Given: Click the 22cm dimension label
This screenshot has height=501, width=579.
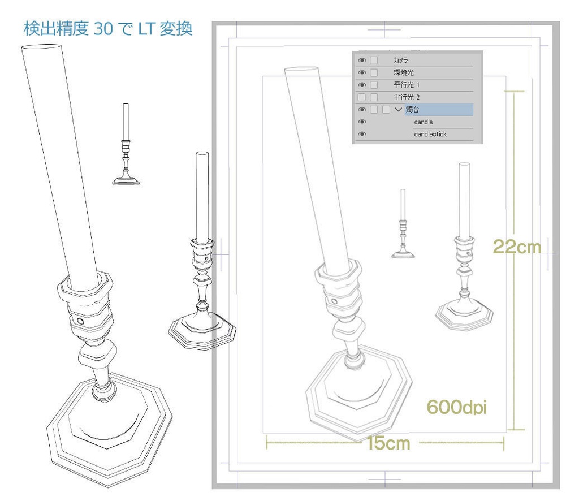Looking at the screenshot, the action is [517, 247].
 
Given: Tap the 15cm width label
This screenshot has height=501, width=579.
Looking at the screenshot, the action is [388, 443].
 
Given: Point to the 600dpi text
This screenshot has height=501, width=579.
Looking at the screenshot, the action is [456, 407].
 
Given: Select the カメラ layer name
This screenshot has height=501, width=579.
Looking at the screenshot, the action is [401, 60].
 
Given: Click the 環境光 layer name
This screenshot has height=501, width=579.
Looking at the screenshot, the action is [404, 72].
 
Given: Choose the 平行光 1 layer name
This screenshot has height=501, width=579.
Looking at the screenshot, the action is [407, 85].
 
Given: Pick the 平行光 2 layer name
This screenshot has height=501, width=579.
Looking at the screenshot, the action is [407, 97].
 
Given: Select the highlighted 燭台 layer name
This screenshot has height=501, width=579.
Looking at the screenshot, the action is [412, 109].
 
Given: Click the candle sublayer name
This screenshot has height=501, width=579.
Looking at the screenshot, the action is [423, 122].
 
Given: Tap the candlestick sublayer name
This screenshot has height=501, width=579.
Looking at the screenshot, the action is [430, 134].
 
